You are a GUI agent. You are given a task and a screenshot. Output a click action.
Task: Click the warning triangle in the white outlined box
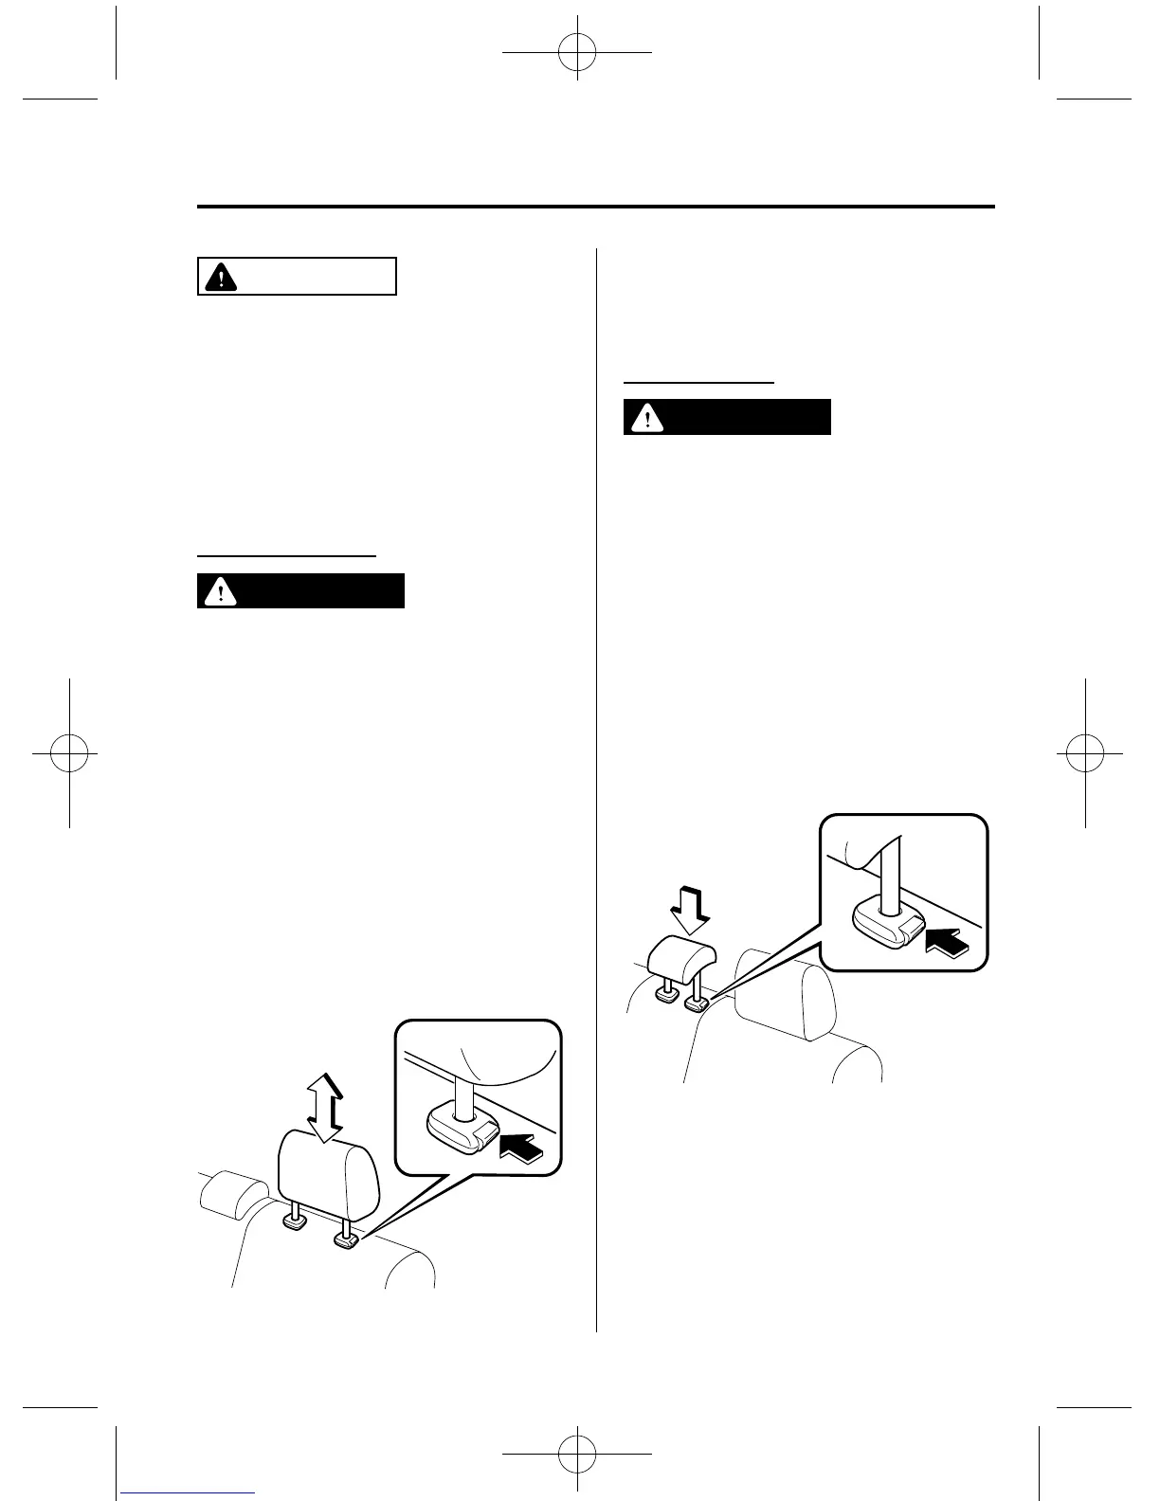pos(221,277)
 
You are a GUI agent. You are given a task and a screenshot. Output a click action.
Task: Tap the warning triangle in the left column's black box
pos(221,590)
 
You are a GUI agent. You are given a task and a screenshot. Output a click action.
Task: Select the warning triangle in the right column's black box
pos(647,417)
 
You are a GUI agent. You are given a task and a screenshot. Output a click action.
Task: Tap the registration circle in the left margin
pos(69,753)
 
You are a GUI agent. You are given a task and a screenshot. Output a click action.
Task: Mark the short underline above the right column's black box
pos(698,382)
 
